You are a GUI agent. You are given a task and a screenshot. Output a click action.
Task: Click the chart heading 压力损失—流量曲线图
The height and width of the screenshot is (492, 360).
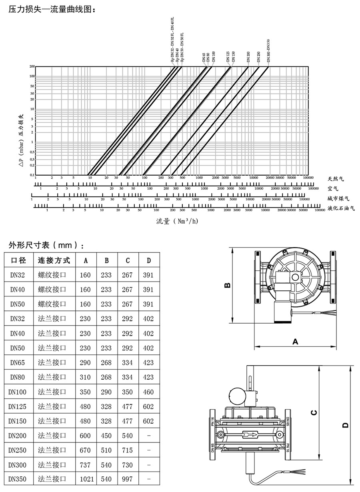52,9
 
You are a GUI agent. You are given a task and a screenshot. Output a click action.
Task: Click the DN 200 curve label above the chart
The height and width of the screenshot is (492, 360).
248,57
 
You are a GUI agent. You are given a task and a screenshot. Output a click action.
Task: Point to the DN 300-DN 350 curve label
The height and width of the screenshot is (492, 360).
268,50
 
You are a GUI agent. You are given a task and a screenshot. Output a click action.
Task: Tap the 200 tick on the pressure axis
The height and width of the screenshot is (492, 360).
32,67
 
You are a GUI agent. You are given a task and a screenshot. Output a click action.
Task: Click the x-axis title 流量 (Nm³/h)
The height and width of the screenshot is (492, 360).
177,221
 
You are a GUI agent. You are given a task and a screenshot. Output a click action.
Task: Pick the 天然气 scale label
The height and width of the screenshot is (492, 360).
336,178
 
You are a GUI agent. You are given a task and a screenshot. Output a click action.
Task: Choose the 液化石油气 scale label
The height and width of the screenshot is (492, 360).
341,208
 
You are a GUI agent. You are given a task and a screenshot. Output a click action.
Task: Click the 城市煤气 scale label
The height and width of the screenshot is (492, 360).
338,198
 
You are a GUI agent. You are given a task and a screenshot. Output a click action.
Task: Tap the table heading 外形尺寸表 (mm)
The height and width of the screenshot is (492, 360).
46,245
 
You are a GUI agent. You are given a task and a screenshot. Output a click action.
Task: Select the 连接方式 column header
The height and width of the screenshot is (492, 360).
54,260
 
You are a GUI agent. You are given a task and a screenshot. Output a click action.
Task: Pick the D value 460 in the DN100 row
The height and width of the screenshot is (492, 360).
148,392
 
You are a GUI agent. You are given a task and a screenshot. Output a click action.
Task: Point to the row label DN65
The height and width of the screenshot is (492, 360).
18,363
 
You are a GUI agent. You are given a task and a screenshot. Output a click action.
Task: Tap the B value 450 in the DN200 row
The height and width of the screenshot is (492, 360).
106,436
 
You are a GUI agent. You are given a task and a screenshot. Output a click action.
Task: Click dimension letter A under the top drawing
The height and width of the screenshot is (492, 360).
295,341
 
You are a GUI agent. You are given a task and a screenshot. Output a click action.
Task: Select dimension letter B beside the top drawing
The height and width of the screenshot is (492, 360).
226,285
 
